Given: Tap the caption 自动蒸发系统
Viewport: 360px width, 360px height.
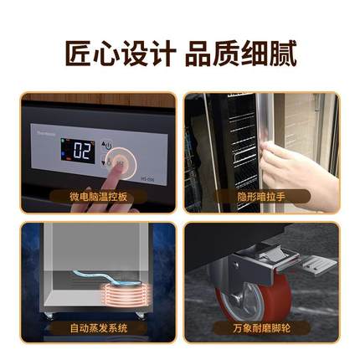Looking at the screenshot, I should (x=98, y=329).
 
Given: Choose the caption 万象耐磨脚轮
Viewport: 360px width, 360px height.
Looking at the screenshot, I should (x=262, y=329).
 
